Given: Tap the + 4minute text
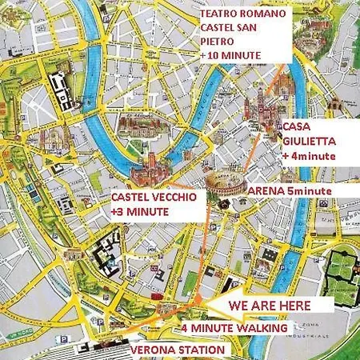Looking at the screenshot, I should [308, 156].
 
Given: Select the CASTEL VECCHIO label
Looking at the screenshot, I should [150, 197].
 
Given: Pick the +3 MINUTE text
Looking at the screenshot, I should [140, 212].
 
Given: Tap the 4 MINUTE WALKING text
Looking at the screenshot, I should [235, 328].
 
